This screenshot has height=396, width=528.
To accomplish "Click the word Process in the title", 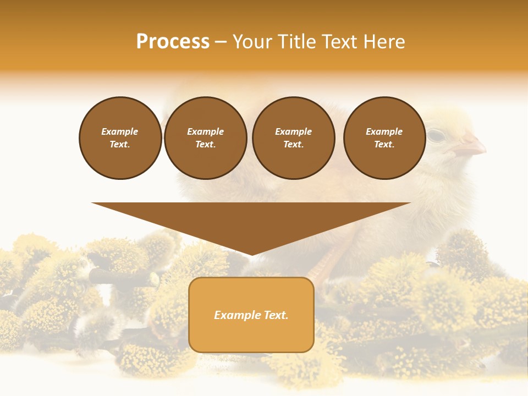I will (173, 42).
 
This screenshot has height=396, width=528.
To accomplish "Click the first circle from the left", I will (120, 138).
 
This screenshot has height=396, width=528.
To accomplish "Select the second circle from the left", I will (206, 138).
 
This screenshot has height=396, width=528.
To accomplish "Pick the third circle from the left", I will (293, 138).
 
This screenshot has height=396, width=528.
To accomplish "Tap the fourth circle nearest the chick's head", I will (384, 138).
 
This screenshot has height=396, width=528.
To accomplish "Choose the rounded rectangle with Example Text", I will (251, 315).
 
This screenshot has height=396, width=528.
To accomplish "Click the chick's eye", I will (436, 135).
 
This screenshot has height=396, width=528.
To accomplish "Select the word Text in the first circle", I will (119, 145).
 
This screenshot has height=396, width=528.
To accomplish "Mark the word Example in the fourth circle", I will (384, 131).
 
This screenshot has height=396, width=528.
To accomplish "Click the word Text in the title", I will (340, 42).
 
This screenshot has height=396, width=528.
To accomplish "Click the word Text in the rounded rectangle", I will (276, 315).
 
